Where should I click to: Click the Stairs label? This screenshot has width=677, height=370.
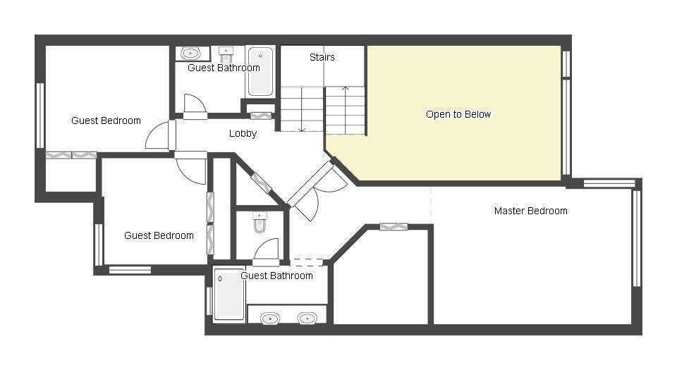(x=322, y=57)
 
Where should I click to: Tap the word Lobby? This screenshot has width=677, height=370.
(x=243, y=134)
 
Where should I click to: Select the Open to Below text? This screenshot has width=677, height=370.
(x=458, y=114)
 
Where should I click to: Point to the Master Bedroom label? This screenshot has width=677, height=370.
(x=530, y=211)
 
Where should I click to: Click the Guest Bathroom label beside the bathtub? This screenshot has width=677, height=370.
(x=224, y=68)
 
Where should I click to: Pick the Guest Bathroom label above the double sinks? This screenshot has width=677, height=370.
(x=276, y=276)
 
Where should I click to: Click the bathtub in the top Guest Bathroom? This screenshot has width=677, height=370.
(x=260, y=72)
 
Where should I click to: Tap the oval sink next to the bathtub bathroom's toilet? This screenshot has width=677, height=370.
(x=190, y=54)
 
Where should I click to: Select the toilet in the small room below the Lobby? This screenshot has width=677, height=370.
(x=260, y=222)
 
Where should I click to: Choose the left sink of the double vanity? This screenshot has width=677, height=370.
(x=270, y=319)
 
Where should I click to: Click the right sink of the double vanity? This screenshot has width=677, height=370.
(x=307, y=319)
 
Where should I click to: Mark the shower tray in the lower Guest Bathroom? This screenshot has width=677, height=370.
(x=229, y=294)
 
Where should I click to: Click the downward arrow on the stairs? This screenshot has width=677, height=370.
(x=302, y=109)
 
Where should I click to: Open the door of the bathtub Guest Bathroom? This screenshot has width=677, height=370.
(x=195, y=106)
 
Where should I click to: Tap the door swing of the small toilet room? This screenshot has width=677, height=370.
(x=266, y=250)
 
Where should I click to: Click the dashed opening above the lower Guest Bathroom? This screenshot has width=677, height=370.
(x=306, y=262)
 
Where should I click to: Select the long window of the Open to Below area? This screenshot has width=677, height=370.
(x=566, y=127)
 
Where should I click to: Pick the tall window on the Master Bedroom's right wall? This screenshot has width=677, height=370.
(x=636, y=238)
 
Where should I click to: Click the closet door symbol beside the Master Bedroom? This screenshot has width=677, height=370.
(x=394, y=226)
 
